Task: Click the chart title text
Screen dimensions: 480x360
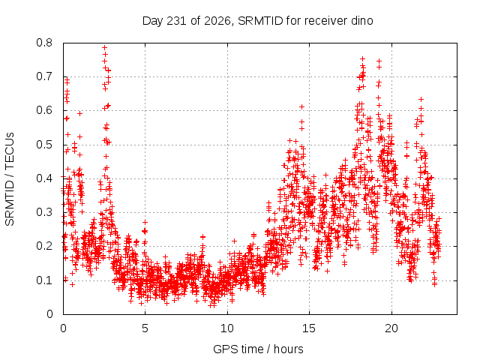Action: tap(258, 21)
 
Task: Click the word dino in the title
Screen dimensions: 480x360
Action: tap(361, 21)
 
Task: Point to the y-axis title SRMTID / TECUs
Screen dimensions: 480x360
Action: tap(10, 179)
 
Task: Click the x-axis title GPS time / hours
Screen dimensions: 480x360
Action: tap(258, 349)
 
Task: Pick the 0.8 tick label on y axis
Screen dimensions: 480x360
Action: tap(44, 43)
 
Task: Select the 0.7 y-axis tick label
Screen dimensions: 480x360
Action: tap(44, 76)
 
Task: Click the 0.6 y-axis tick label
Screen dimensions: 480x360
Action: tap(44, 110)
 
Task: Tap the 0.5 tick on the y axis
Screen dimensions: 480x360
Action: tap(44, 145)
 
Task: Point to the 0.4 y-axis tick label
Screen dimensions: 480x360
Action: tap(44, 178)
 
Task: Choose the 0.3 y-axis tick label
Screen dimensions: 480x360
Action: tap(44, 212)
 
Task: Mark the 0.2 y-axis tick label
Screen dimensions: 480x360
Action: tap(44, 246)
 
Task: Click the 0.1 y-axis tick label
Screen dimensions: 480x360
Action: tap(44, 280)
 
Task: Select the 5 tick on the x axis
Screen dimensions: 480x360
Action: tap(145, 328)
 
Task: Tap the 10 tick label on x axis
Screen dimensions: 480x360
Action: tap(227, 328)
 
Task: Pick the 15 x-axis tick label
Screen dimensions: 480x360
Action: tap(309, 328)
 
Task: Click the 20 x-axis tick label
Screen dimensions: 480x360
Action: tap(391, 328)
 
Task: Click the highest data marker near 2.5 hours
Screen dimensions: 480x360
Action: tap(105, 47)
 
